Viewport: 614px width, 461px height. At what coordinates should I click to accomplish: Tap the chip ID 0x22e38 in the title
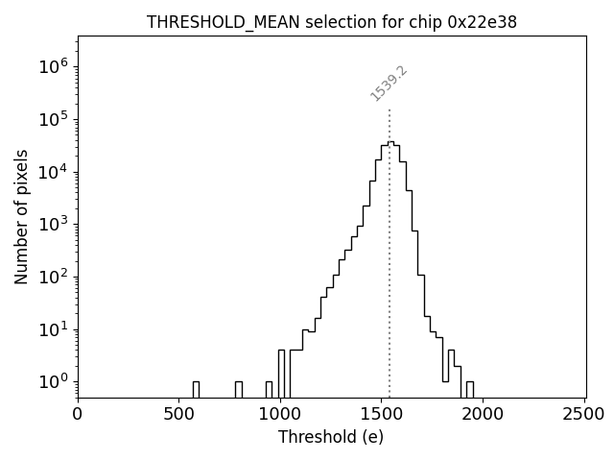(483, 22)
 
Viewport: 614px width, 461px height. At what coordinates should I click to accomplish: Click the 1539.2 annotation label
(389, 84)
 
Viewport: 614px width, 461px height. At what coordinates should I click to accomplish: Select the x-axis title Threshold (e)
(331, 437)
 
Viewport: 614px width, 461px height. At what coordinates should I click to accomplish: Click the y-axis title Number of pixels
(22, 217)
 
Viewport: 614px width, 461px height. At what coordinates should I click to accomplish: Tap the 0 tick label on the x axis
(78, 415)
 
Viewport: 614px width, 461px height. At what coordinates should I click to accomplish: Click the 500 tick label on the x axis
(179, 415)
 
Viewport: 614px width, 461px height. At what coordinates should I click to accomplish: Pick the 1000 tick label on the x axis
(280, 415)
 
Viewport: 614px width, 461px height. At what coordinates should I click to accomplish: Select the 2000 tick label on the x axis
(484, 415)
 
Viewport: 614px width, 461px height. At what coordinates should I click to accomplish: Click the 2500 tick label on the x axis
(584, 415)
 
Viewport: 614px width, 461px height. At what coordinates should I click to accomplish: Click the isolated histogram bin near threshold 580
(196, 389)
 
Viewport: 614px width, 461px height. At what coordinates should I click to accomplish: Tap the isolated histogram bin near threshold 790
(238, 389)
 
